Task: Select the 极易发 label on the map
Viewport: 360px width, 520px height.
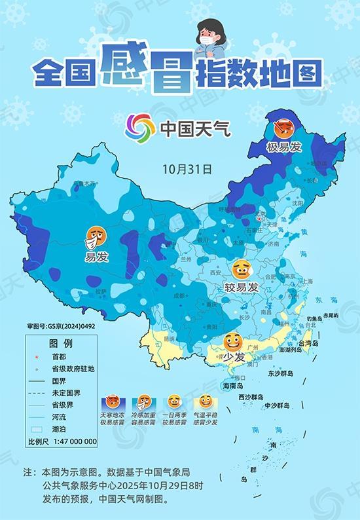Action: (x=284, y=147)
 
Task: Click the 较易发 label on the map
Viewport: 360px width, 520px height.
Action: (x=242, y=287)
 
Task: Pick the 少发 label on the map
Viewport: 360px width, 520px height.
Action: (x=232, y=357)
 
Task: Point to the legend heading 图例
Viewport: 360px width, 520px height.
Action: (x=60, y=343)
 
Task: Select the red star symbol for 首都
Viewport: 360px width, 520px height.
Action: (x=36, y=358)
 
